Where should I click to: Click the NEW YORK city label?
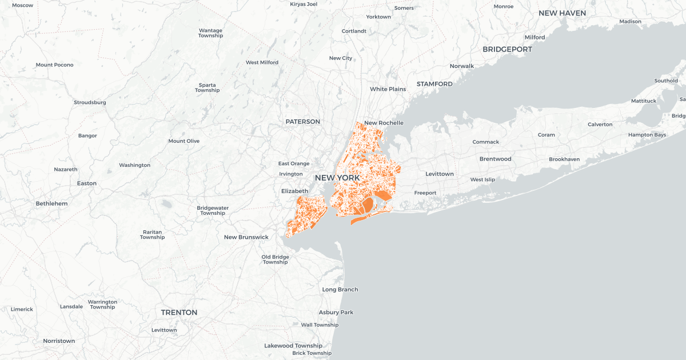coord(337,178)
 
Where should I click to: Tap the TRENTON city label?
coord(179,313)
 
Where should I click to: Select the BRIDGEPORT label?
coord(507,50)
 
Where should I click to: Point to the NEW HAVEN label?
coord(562,13)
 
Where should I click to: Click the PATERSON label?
coord(303,122)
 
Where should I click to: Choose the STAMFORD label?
coord(434,84)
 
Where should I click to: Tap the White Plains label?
coord(388,89)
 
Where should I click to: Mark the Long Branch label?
coord(340,290)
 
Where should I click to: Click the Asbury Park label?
coord(336,313)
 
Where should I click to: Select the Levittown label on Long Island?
coord(440,174)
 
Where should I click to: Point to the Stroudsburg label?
coord(90,102)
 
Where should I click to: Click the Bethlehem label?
coord(51,203)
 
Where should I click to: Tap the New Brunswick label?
coord(246,237)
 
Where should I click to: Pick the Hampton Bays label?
coord(647,135)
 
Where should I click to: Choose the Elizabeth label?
coord(294,191)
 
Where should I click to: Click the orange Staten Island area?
coord(307,214)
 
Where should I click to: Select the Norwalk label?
coord(462,66)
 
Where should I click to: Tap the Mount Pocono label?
coord(55,65)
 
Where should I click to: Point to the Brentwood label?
coord(495,159)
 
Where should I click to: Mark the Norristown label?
coord(59,341)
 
